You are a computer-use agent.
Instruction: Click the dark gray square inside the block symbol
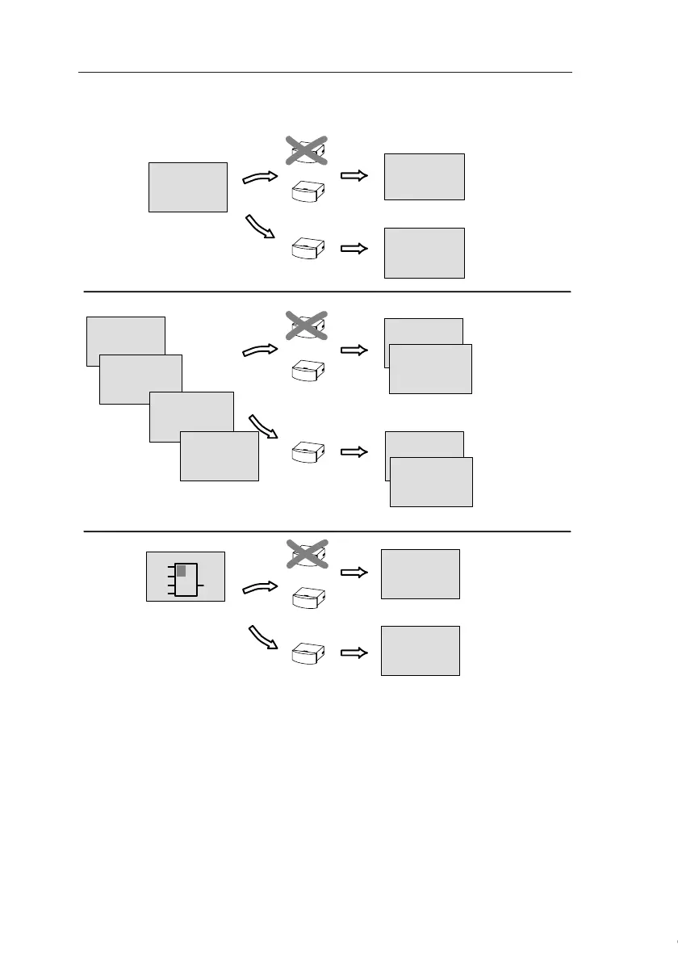pyautogui.click(x=182, y=572)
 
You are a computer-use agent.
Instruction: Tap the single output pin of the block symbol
pyautogui.click(x=200, y=584)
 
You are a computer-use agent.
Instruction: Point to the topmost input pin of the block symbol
pyautogui.click(x=170, y=569)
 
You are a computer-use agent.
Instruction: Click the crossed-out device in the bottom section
pyautogui.click(x=307, y=554)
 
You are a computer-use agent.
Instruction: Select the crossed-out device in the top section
pyautogui.click(x=307, y=150)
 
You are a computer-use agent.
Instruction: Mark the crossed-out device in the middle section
pyautogui.click(x=307, y=325)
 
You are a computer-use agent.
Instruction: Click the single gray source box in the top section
pyautogui.click(x=188, y=187)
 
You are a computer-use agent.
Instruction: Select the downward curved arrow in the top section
pyautogui.click(x=262, y=227)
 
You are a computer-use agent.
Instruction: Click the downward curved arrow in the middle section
pyautogui.click(x=263, y=426)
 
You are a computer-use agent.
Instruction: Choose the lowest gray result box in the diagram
pyautogui.click(x=420, y=650)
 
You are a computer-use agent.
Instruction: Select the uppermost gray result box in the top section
pyautogui.click(x=424, y=176)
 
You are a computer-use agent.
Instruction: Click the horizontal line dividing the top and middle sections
pyautogui.click(x=327, y=291)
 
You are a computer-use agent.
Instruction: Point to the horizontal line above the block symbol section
pyautogui.click(x=327, y=531)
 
